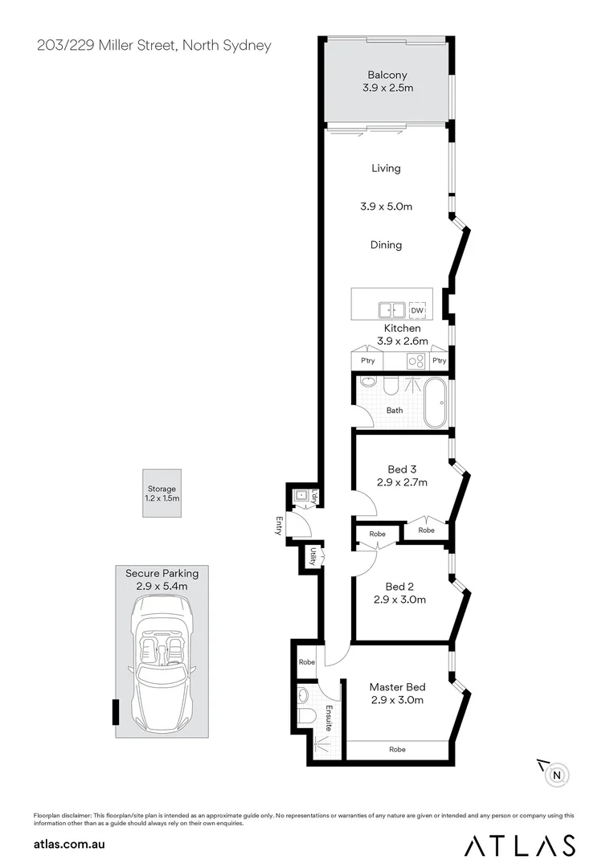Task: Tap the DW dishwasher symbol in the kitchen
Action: (416, 310)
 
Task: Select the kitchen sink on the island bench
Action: (392, 309)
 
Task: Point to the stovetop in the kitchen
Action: (416, 360)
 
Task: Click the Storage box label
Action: (162, 489)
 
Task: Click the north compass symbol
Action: (558, 775)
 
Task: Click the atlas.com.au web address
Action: (70, 845)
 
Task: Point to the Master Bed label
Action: (397, 687)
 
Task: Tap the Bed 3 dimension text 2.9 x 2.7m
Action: (401, 483)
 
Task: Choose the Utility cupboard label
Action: (312, 555)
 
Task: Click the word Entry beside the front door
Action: (279, 526)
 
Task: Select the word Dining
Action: (386, 245)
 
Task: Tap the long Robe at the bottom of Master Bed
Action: (397, 749)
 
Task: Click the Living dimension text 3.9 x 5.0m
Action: (386, 207)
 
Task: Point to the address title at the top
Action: (154, 45)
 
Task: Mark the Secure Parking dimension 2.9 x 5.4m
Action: (162, 586)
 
